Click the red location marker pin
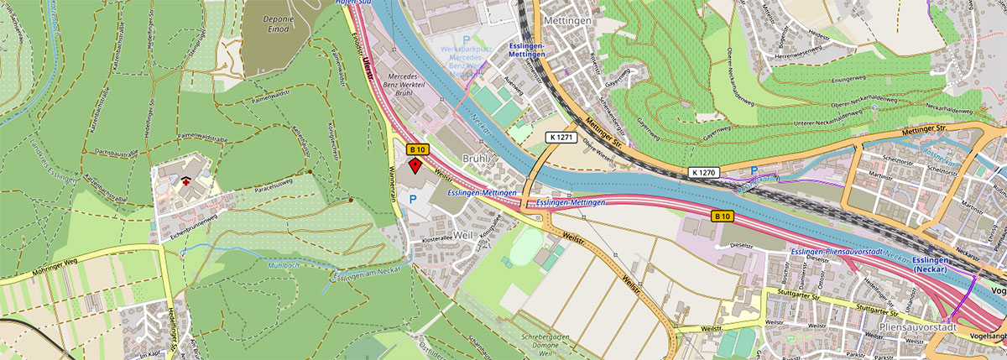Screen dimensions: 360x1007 pyautogui.click(x=415, y=165)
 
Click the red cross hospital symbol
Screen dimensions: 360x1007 pyautogui.click(x=184, y=178)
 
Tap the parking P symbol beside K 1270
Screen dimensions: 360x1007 pyautogui.click(x=754, y=171)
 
